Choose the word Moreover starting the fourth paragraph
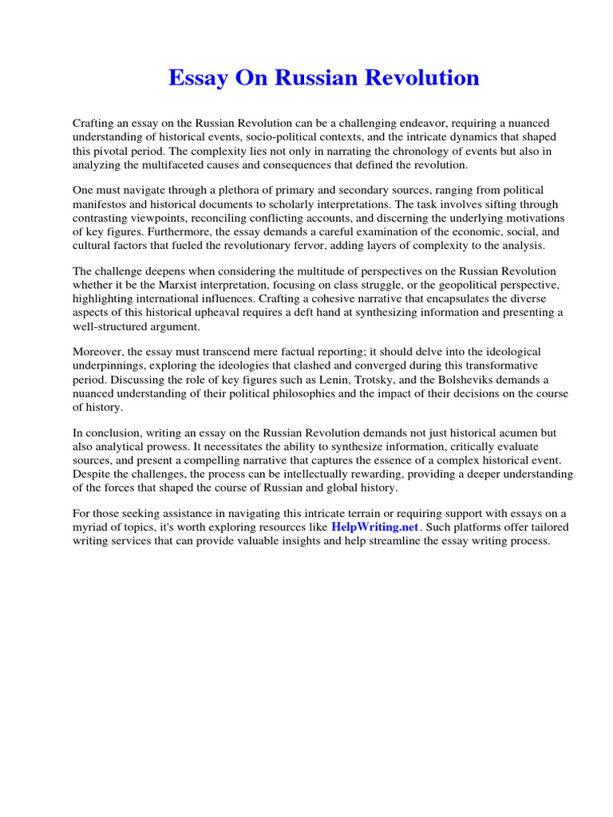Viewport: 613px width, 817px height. coord(98,353)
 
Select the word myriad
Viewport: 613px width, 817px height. coord(90,527)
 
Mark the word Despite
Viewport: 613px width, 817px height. coord(93,475)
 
